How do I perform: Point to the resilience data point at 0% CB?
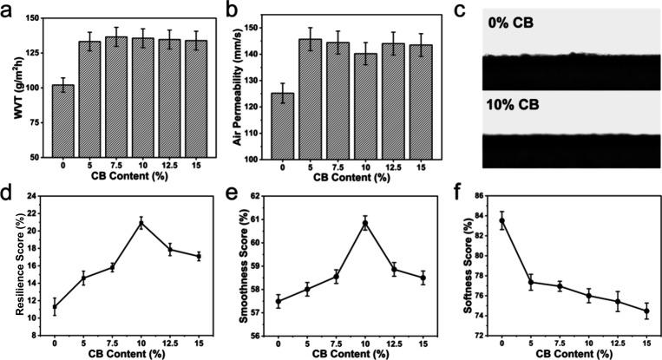[x=55, y=306]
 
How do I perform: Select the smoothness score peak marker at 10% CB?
[x=364, y=223]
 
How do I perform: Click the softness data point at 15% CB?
[x=646, y=311]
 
